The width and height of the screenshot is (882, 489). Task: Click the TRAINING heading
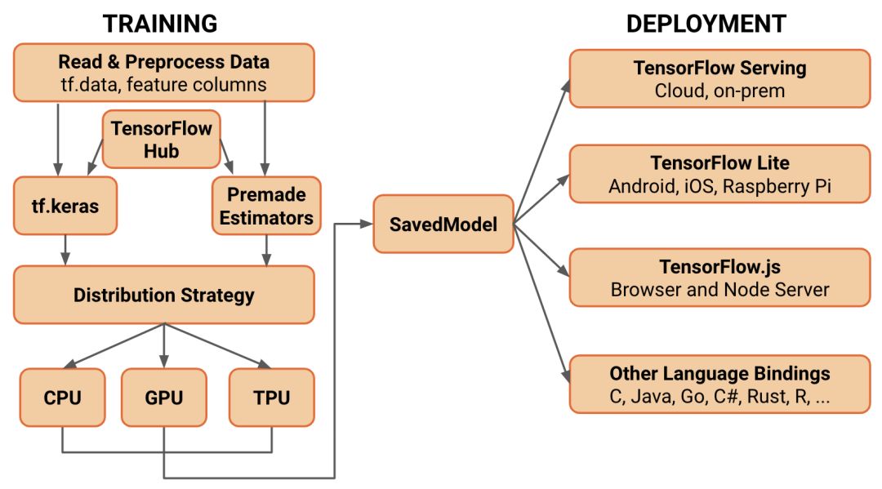click(160, 23)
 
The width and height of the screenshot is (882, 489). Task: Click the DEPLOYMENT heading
click(706, 23)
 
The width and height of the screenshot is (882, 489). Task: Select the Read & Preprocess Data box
click(163, 73)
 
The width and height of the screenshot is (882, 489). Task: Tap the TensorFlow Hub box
click(161, 140)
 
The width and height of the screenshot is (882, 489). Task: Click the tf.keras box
click(66, 206)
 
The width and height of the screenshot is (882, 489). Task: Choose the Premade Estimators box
click(266, 206)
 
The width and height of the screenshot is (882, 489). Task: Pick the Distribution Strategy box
click(163, 295)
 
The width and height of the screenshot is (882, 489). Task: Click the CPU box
click(62, 398)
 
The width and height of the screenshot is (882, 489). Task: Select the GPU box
click(163, 398)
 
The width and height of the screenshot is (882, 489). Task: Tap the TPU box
click(270, 398)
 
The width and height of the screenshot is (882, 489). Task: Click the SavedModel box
click(444, 224)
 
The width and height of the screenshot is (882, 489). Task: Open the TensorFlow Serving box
click(719, 78)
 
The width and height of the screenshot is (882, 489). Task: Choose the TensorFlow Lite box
click(719, 174)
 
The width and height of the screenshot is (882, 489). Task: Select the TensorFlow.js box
click(719, 278)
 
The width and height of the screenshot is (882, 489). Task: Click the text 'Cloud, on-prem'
click(719, 91)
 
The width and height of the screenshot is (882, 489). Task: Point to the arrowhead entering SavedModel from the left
click(365, 224)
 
